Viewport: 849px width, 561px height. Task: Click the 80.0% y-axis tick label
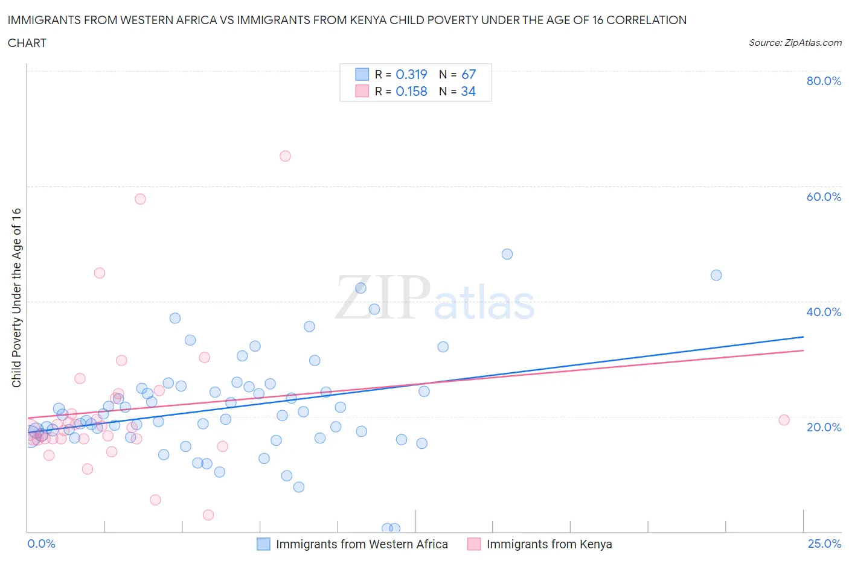(824, 81)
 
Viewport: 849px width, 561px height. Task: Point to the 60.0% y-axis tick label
(824, 197)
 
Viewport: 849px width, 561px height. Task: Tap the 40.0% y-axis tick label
(824, 312)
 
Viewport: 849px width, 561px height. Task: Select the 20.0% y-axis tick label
(824, 427)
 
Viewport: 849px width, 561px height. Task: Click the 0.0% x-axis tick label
(41, 544)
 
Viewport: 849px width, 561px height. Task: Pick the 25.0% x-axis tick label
(824, 544)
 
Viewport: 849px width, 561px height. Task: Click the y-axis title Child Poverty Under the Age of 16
(16, 297)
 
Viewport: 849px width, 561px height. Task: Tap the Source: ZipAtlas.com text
(795, 43)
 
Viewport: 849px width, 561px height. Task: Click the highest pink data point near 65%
(285, 156)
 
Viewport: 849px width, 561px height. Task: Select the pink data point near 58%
(140, 199)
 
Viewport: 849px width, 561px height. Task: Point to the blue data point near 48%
(507, 254)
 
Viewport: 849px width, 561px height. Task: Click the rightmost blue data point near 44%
(716, 275)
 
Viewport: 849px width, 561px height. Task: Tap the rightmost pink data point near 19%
(784, 420)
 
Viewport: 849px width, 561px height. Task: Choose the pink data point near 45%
(100, 273)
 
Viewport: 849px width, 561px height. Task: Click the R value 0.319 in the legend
(411, 74)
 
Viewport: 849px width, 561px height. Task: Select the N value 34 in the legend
(468, 91)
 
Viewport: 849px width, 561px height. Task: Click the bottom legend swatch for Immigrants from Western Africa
(263, 544)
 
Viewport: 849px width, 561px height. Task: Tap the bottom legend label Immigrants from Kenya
(549, 544)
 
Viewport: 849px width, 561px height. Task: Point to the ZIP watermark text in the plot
(383, 297)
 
